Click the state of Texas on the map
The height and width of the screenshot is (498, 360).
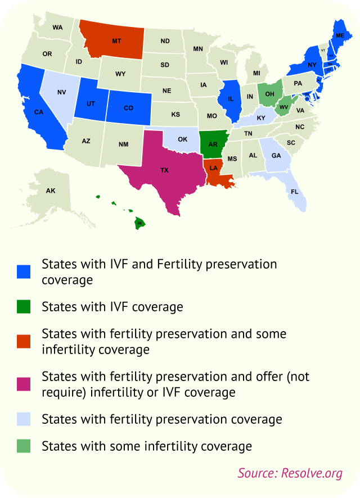(x=164, y=170)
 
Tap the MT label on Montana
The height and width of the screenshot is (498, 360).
(x=116, y=41)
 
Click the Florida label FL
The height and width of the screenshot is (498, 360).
(x=294, y=192)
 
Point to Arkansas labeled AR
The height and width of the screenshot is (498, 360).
(x=213, y=144)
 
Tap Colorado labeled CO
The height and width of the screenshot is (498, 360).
(x=128, y=107)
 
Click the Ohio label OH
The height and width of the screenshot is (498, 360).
(x=270, y=93)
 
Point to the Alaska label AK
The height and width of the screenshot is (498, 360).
(x=51, y=191)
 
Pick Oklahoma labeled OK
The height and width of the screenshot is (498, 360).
(x=182, y=139)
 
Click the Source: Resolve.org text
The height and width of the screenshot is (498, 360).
(x=290, y=473)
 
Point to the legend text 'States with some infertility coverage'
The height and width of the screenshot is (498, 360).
(x=146, y=446)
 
